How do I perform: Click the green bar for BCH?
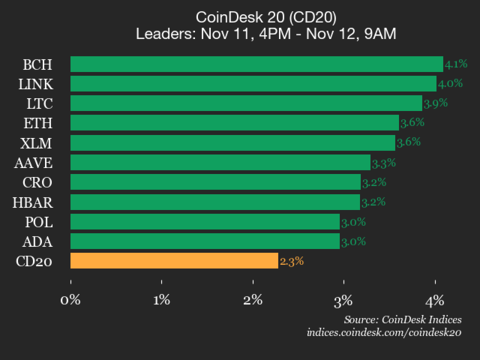(x=256, y=65)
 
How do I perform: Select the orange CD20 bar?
(x=174, y=261)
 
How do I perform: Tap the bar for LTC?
(x=246, y=103)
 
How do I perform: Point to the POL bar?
(x=205, y=221)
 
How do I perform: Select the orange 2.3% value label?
(x=291, y=261)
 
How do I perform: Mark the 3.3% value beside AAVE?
(x=383, y=162)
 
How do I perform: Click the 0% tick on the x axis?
(x=70, y=299)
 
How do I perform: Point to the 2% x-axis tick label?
(x=253, y=299)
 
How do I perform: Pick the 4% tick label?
(x=435, y=299)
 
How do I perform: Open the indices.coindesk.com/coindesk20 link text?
(x=384, y=331)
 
